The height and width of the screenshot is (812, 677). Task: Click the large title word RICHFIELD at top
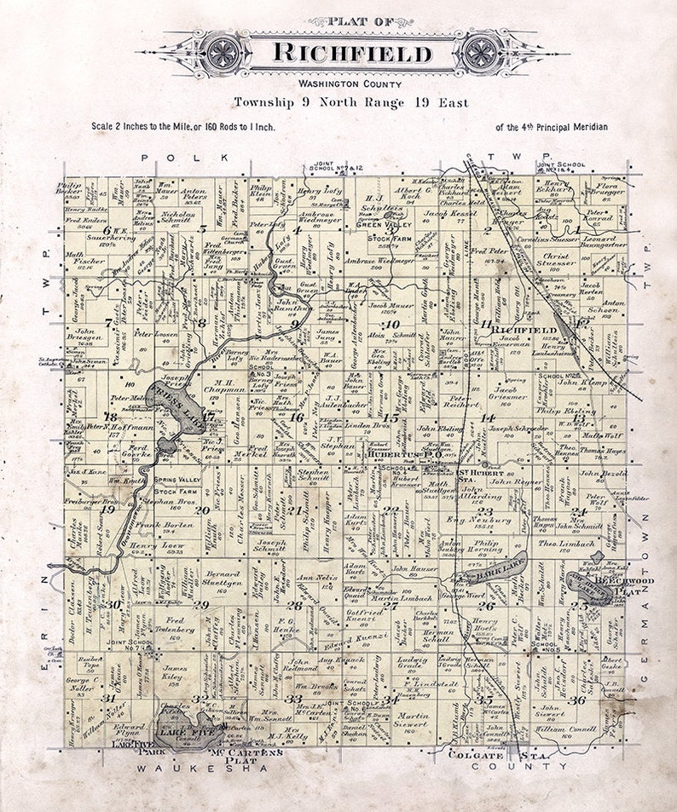click(351, 54)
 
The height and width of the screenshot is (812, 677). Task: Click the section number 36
click(579, 700)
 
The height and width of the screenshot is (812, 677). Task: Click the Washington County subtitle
click(338, 84)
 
